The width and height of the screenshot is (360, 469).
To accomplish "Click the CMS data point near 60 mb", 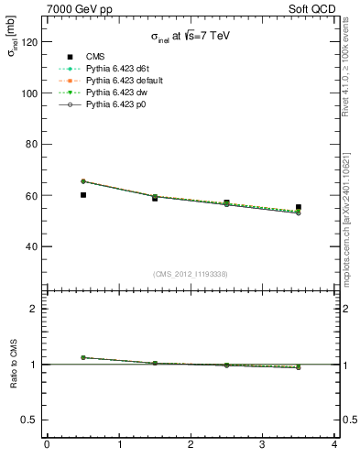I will [83, 195].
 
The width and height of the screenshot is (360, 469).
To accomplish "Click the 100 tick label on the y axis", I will [31, 93].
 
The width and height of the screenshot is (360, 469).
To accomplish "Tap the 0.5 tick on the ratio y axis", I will [31, 420].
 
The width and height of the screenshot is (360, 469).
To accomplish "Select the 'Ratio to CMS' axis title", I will [14, 364].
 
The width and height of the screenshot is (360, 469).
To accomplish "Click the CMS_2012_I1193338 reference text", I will [190, 273].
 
